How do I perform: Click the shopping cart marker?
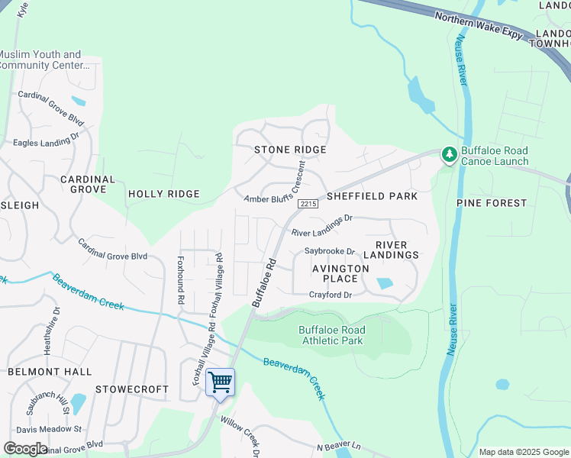tap(220, 382)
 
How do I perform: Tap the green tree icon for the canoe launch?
tap(450, 155)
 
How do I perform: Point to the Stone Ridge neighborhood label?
tap(290, 150)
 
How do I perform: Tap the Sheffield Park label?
tap(372, 196)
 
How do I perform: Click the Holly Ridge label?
tap(163, 194)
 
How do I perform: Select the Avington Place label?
tap(340, 273)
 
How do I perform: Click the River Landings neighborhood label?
tap(397, 250)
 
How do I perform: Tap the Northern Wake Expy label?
tap(479, 26)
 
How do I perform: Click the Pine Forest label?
tap(492, 203)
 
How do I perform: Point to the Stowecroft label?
tap(132, 389)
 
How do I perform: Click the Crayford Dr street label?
tap(330, 295)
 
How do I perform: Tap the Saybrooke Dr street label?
tap(330, 251)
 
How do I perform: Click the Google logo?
tap(25, 448)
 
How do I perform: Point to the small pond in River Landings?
tap(385, 283)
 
